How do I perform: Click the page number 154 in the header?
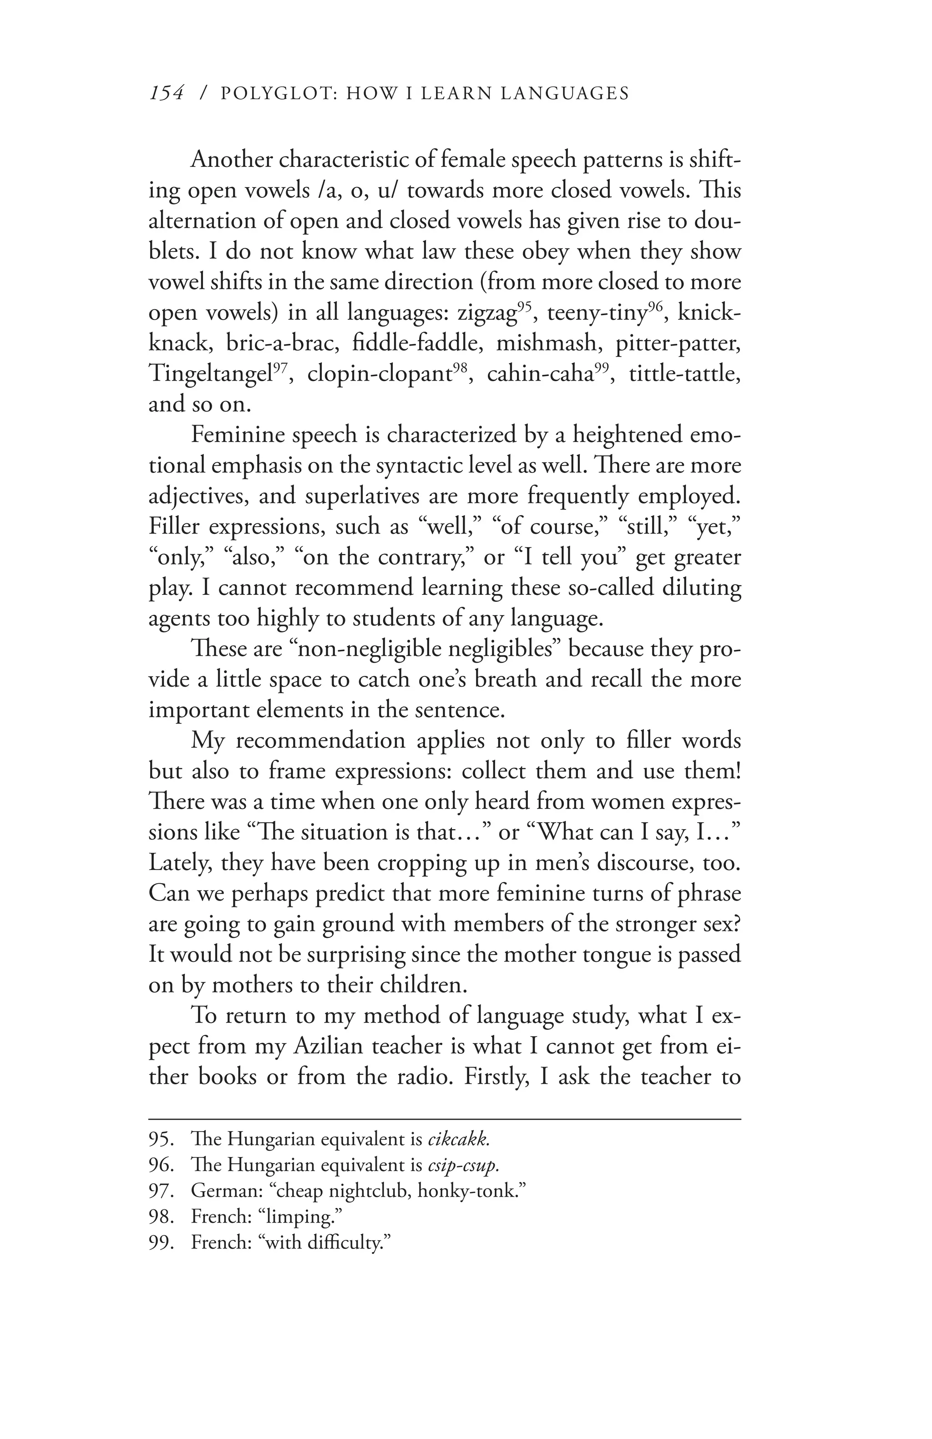pos(166,93)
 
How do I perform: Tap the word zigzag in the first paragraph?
pos(487,313)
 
